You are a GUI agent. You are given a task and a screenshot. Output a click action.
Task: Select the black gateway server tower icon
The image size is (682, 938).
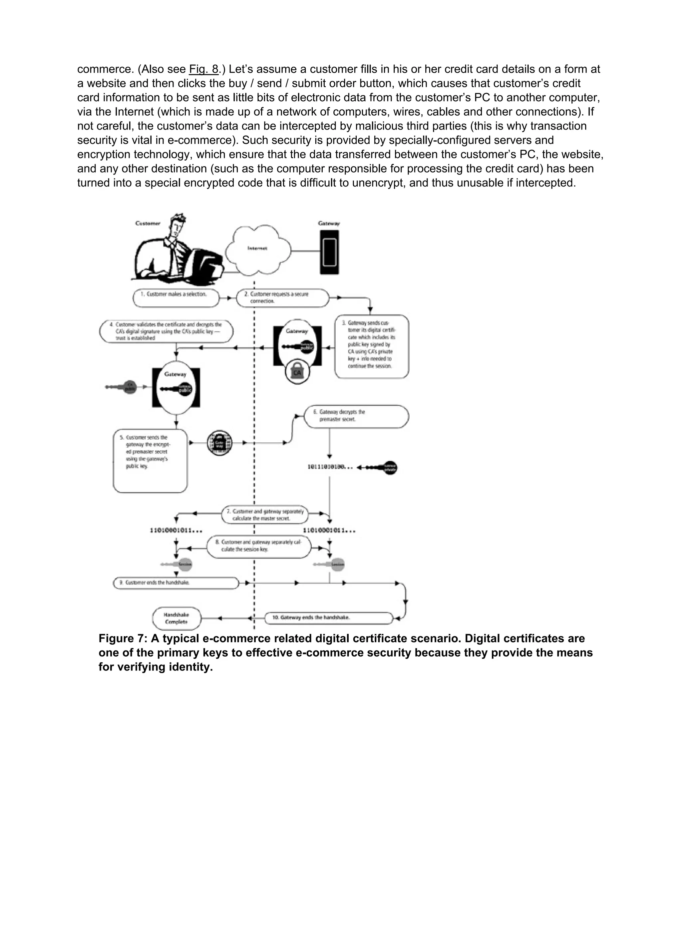pos(329,252)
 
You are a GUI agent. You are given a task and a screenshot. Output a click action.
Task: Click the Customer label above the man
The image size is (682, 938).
pos(148,223)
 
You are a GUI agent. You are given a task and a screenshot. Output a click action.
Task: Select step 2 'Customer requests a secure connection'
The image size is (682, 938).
pos(282,298)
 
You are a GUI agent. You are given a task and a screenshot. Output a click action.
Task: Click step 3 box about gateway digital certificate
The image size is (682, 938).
pos(371,346)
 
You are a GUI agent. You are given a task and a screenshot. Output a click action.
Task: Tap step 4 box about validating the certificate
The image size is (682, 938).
pos(166,331)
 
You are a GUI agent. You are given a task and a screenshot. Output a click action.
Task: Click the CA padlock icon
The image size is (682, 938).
pos(297,372)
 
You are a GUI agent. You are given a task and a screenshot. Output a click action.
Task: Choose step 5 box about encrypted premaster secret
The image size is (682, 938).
pos(150,460)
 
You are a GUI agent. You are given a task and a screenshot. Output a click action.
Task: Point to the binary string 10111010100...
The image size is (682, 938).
pos(330,467)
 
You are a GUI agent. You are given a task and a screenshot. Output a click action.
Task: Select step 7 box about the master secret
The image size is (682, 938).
pos(265,515)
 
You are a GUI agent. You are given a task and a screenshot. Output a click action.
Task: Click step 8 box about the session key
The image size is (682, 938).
pos(258,546)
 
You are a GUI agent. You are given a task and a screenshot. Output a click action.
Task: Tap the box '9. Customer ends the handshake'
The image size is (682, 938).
pos(176,583)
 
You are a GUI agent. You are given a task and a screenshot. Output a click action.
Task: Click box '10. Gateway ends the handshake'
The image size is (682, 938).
pos(329,618)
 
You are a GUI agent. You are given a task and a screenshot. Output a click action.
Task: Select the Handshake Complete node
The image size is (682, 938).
pos(176,618)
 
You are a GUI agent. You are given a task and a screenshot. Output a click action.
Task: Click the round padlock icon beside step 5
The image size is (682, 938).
pos(219,443)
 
